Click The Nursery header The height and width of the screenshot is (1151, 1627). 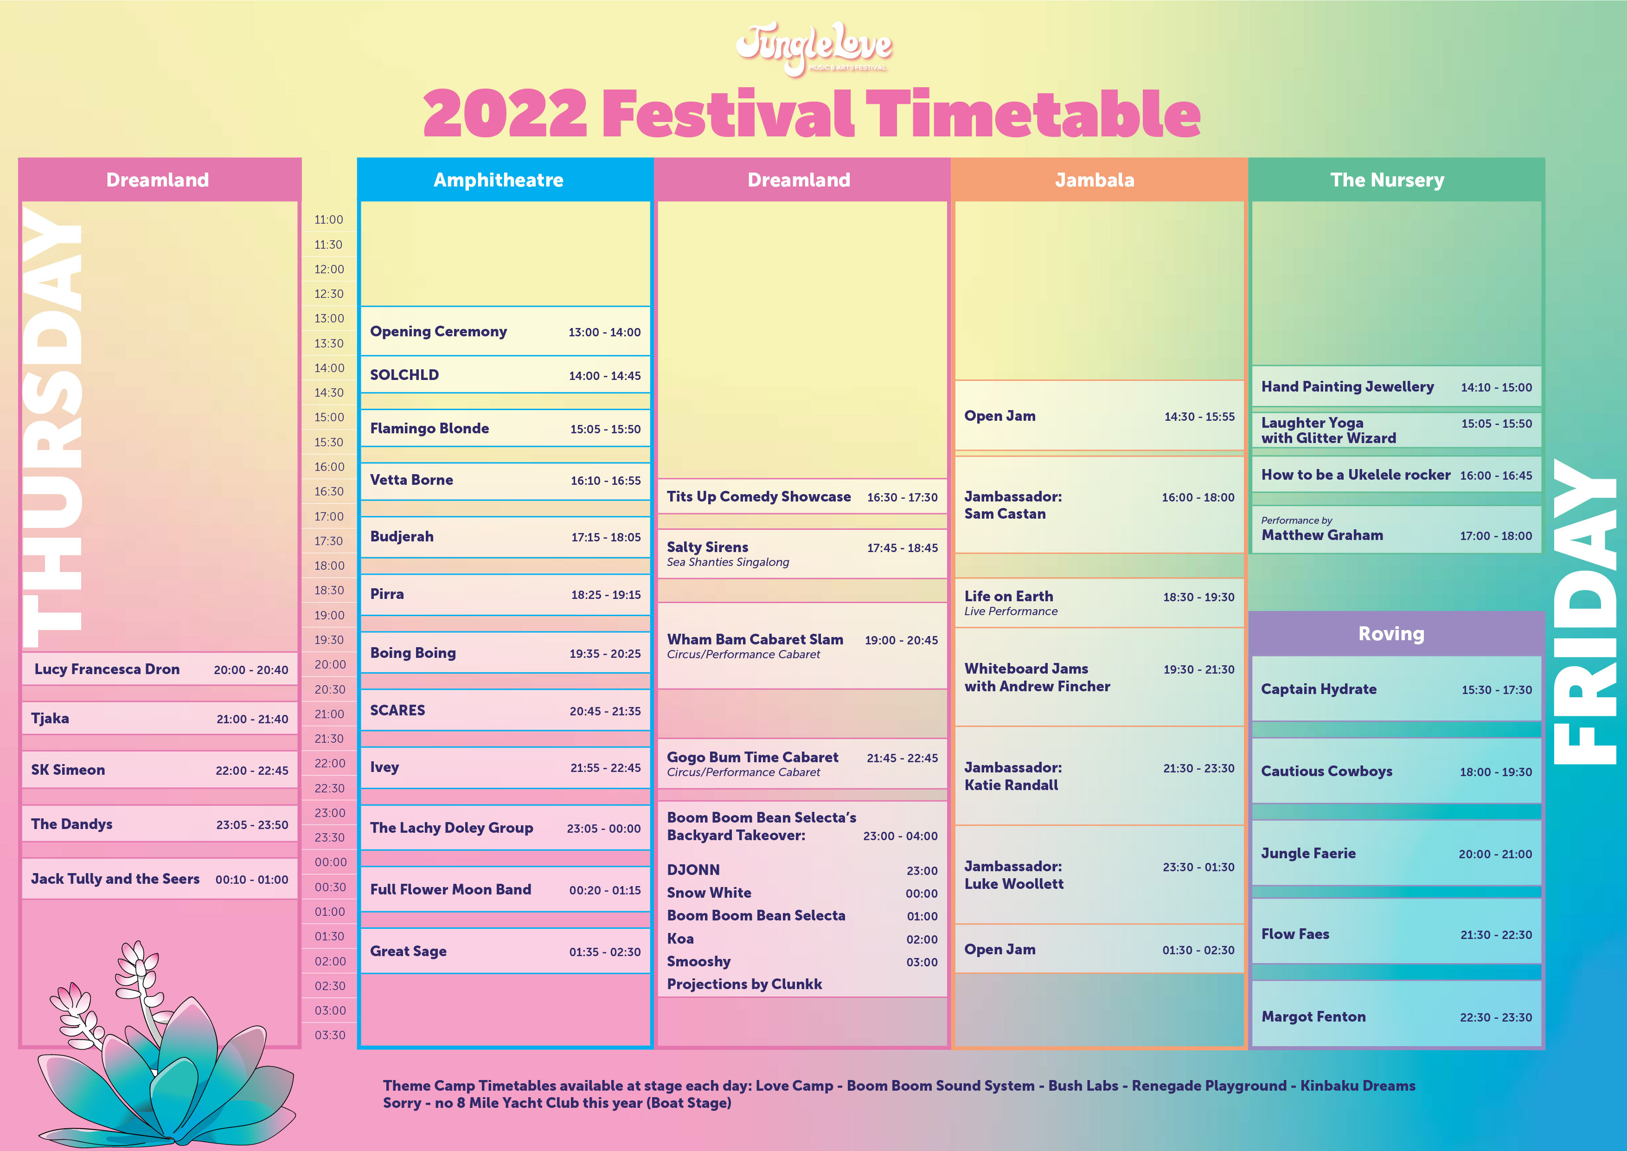coord(1387,180)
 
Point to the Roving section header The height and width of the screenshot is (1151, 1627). coord(1391,634)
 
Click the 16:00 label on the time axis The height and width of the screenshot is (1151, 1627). coord(329,466)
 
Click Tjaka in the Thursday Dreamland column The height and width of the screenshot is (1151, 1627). coord(50,719)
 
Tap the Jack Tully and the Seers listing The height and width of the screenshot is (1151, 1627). coord(115,879)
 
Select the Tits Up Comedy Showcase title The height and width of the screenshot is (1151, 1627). coord(758,497)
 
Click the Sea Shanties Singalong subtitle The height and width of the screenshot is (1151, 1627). coord(728,562)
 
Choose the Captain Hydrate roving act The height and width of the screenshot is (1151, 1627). coord(1319,689)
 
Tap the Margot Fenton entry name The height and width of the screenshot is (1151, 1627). coord(1313,1017)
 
